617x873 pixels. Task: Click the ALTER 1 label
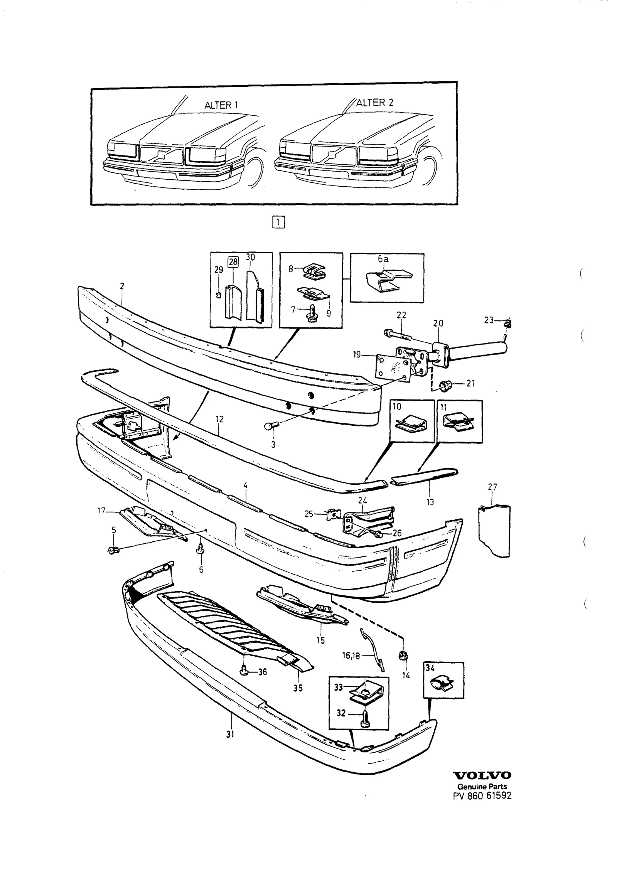(x=221, y=105)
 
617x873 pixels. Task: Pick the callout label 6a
(x=383, y=260)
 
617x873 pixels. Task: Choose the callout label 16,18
(x=351, y=656)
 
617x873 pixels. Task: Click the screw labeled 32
(x=365, y=720)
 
